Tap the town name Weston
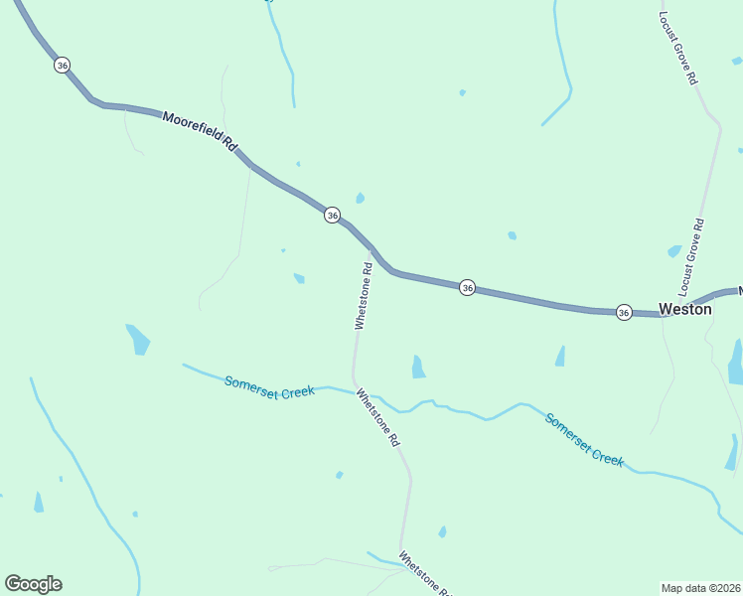click(x=685, y=309)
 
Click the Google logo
click(x=33, y=584)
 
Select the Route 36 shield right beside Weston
click(x=624, y=312)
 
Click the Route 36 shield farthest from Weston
click(x=63, y=65)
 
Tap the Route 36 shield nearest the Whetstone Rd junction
click(x=332, y=215)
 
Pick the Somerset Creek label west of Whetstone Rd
click(x=269, y=385)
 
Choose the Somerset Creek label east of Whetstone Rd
click(x=584, y=439)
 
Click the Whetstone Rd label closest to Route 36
click(x=364, y=295)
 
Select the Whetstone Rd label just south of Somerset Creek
click(x=378, y=416)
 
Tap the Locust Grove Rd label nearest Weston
click(x=691, y=257)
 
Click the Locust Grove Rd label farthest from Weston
click(x=678, y=48)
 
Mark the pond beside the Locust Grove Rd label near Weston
click(x=674, y=251)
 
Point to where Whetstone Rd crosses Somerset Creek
click(x=355, y=389)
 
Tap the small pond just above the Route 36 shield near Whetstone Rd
click(x=360, y=198)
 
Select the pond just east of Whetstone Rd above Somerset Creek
click(x=418, y=368)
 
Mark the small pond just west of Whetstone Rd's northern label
click(x=299, y=278)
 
